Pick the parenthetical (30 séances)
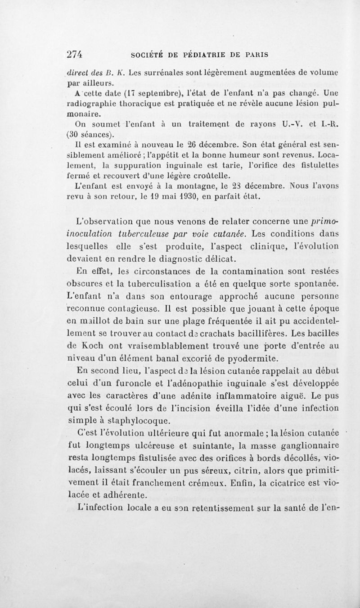pos(87,135)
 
